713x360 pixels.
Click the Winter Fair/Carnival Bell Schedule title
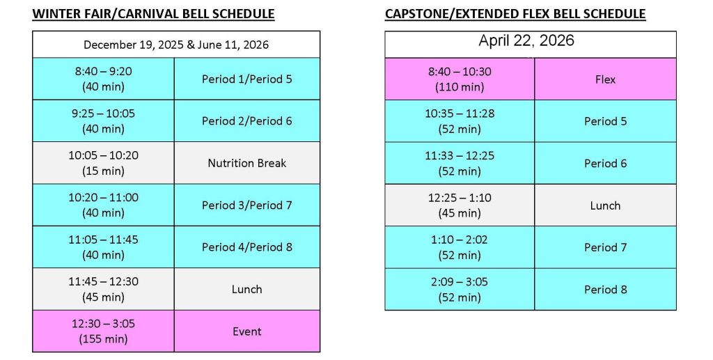point(153,14)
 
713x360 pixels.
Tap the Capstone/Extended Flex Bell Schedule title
point(515,14)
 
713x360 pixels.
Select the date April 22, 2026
point(526,41)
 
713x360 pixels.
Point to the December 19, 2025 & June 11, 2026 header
point(176,45)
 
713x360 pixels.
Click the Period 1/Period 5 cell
point(247,79)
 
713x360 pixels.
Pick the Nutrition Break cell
point(247,163)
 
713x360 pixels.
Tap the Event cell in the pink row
point(247,331)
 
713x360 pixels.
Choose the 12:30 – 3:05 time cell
point(103,331)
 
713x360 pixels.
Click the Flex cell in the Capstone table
point(605,79)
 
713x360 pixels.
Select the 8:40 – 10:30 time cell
point(460,79)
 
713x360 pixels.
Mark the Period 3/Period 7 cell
point(247,205)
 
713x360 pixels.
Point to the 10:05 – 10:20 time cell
point(103,163)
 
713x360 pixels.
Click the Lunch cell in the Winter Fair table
point(247,289)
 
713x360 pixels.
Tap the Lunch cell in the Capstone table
point(605,205)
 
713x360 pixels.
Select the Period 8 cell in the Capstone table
point(605,290)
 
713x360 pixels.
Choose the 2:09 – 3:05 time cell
point(460,290)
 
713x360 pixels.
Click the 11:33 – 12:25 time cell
point(460,164)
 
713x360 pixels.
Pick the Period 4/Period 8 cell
point(247,247)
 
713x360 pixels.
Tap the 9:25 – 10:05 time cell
point(103,121)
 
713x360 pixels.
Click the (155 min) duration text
point(103,339)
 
